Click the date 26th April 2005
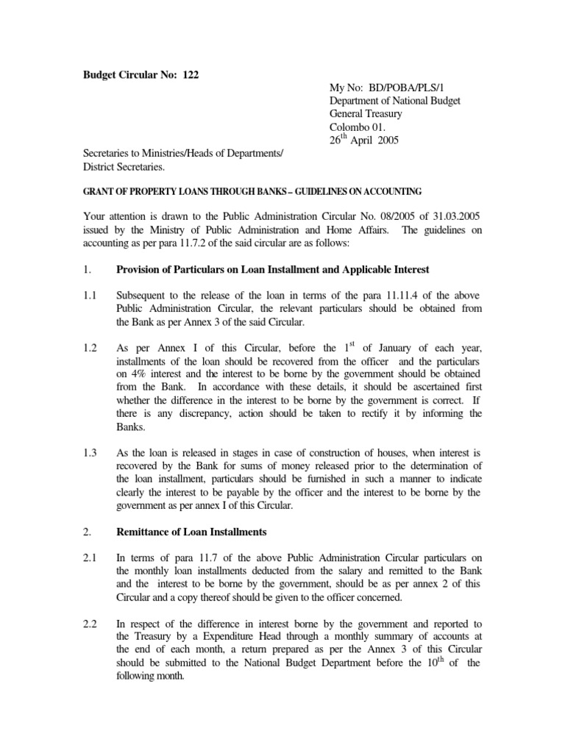click(x=363, y=140)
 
